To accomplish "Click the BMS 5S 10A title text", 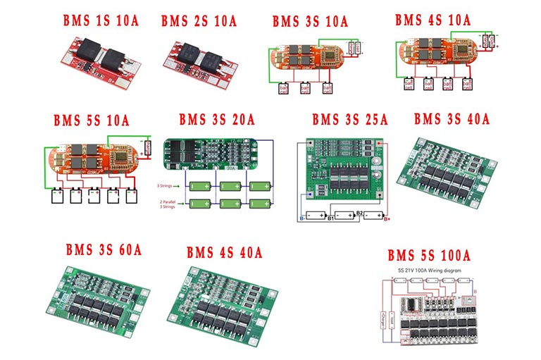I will pos(92,120).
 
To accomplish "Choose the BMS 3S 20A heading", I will pos(216,120).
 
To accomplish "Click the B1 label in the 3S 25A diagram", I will pos(330,218).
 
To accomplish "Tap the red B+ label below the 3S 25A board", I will pos(387,218).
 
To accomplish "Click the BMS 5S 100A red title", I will pos(428,254).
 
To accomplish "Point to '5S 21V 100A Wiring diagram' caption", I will pos(428,269).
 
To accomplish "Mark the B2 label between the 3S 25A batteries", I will pos(359,212).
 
